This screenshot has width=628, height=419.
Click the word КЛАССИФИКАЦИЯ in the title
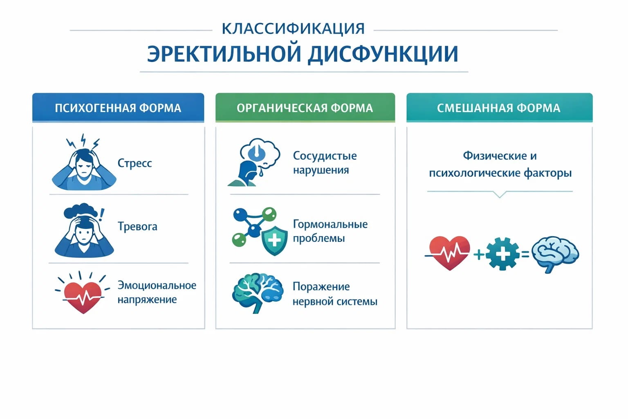(x=293, y=29)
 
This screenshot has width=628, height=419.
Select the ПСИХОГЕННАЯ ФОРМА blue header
(x=118, y=108)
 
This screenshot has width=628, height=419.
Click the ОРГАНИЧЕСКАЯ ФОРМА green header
(x=305, y=108)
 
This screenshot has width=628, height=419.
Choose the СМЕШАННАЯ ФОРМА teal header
(x=499, y=108)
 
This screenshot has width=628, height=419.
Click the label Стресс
(x=135, y=163)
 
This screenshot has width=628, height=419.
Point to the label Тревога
(x=137, y=226)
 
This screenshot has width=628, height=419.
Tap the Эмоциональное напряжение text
(x=157, y=292)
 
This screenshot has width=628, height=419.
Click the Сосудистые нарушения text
(x=325, y=162)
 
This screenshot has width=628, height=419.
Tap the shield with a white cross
(x=274, y=240)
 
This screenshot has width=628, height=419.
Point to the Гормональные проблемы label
(x=330, y=231)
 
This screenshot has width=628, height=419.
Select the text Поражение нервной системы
(x=334, y=294)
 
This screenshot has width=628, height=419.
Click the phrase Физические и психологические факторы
(x=500, y=164)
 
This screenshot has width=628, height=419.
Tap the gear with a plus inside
(x=502, y=254)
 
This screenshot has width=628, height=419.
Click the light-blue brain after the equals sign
(x=555, y=254)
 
